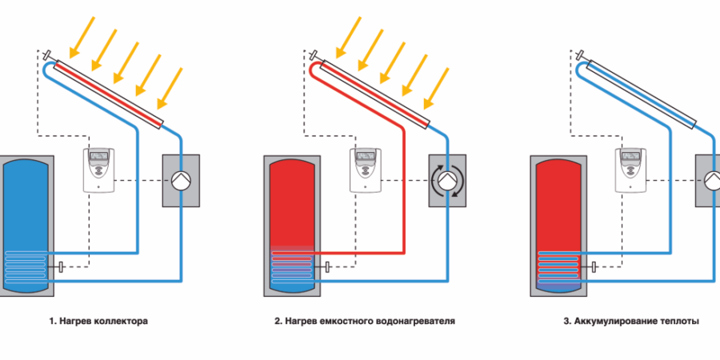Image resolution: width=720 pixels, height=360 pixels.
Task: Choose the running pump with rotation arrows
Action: point(448,180)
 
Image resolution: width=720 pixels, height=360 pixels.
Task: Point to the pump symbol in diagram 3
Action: point(711,180)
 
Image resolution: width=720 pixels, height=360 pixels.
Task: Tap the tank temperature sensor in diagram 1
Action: point(61,266)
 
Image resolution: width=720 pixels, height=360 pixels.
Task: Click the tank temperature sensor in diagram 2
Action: point(327,266)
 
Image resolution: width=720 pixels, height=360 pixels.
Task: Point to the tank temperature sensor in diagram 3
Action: point(593,266)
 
